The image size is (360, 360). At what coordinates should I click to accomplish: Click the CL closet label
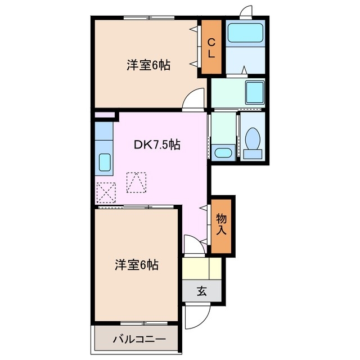(211, 48)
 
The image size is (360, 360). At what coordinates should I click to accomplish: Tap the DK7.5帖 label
(157, 145)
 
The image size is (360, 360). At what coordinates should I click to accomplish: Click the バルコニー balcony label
(138, 339)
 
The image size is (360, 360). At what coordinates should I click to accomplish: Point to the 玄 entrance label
(201, 291)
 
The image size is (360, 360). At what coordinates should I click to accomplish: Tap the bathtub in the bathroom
(245, 35)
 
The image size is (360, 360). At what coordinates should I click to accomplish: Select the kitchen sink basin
(105, 163)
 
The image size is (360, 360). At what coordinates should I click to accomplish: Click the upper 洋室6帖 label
(148, 65)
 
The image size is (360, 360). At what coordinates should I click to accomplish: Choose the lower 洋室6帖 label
(137, 264)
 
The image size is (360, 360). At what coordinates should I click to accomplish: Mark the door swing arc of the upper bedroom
(195, 99)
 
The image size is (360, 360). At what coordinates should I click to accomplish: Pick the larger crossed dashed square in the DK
(136, 182)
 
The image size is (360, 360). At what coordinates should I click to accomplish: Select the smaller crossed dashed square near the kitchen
(106, 192)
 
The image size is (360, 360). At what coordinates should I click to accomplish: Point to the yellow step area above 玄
(202, 268)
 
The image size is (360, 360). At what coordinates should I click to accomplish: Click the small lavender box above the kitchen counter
(103, 116)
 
